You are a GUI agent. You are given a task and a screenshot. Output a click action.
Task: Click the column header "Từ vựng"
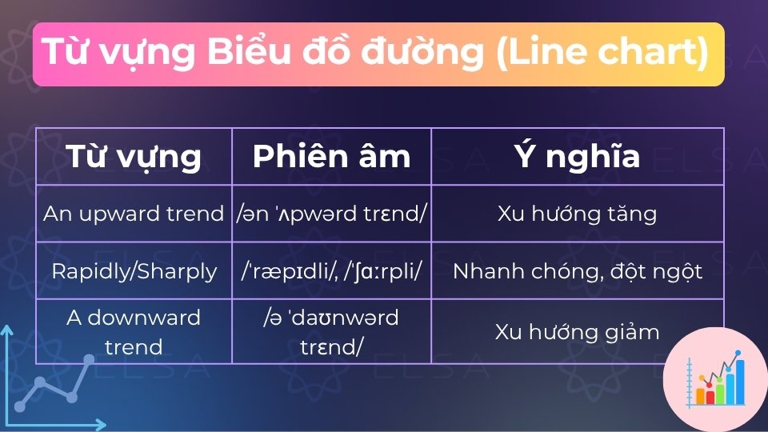click(134, 156)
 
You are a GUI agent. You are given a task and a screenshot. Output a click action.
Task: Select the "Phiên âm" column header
click(331, 156)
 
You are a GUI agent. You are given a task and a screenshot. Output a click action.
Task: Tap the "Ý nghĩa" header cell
click(577, 156)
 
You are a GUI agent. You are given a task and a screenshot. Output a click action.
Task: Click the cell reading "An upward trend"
click(134, 214)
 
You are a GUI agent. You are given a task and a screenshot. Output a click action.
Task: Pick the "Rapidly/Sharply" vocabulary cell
click(134, 271)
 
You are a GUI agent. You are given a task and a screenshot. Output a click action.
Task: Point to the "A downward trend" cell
click(134, 331)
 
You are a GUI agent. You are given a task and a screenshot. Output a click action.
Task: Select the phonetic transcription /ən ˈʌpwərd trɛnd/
click(331, 214)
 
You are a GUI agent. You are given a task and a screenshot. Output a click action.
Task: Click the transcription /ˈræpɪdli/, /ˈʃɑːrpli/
click(331, 271)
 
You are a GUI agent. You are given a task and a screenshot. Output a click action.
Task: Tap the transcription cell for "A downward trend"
click(331, 331)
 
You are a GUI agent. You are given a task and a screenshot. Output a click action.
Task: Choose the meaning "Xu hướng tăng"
click(577, 214)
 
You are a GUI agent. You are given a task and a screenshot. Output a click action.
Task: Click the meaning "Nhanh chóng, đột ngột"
click(577, 271)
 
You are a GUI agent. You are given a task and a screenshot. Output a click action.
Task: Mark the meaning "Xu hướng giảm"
click(577, 331)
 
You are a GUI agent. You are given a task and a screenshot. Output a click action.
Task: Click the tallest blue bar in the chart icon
click(739, 382)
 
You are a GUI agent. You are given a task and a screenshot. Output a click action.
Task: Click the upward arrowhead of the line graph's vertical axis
click(6, 330)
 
